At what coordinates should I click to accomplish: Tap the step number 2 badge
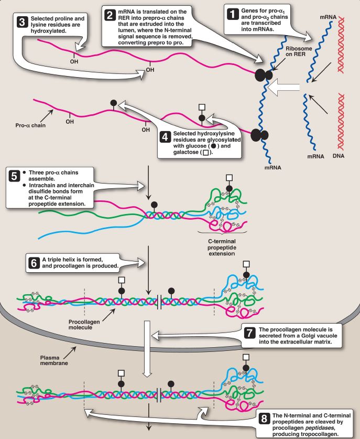[110, 15]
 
